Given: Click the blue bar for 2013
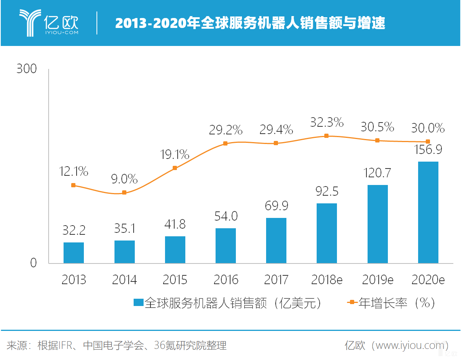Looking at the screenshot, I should point(74,253).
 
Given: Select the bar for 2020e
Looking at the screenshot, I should point(428,213).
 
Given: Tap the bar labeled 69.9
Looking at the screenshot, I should point(276,241).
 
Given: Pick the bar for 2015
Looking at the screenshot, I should point(175,250).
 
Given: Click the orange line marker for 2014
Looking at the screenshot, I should point(124,193).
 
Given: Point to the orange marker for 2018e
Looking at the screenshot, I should point(327,136).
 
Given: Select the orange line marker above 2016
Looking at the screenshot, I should point(226,144).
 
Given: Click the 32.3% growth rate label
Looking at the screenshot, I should point(327,123).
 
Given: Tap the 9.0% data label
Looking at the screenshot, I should point(124,178).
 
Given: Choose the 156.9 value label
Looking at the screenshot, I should point(428,149).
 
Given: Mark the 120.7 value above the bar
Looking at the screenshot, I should point(377,173).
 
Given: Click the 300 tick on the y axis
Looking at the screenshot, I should point(26,69).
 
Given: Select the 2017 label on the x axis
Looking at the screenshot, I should point(276,280).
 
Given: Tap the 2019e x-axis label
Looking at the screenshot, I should point(378,280).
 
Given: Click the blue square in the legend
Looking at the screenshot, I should point(138,303).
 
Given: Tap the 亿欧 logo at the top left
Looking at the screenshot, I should point(49,23).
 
